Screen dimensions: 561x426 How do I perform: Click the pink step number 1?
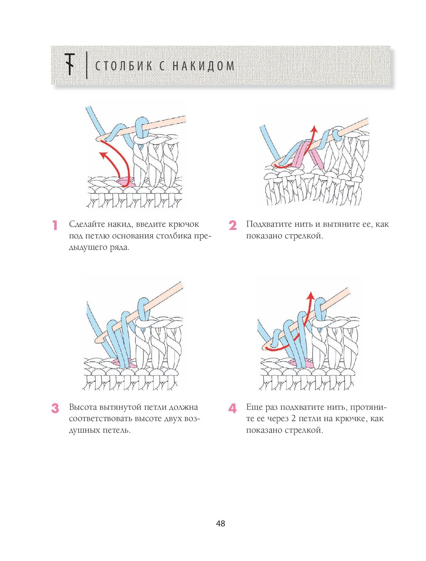55,225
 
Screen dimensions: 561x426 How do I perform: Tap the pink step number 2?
232,225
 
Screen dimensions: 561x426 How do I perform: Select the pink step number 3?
55,408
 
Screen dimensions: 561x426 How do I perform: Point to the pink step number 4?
232,408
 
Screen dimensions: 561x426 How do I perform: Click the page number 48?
221,523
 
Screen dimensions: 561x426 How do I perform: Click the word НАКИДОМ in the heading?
203,66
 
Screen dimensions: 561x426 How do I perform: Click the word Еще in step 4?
254,407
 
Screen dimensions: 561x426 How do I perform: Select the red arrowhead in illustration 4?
311,295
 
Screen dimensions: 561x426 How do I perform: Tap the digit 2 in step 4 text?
293,419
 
